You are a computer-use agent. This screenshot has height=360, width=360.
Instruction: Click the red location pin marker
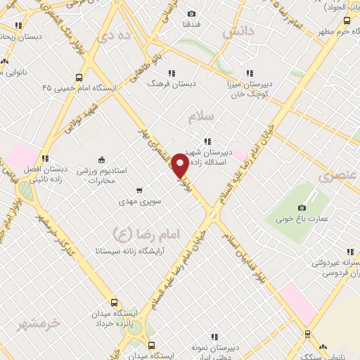pos(180,166)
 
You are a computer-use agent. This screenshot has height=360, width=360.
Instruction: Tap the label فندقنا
pos(192,24)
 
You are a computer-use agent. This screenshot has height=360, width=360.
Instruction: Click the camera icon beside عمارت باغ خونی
pos(302,207)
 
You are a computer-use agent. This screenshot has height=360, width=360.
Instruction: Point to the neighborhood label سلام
pos(201,118)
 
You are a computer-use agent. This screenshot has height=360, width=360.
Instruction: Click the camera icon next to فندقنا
pos(192,13)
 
